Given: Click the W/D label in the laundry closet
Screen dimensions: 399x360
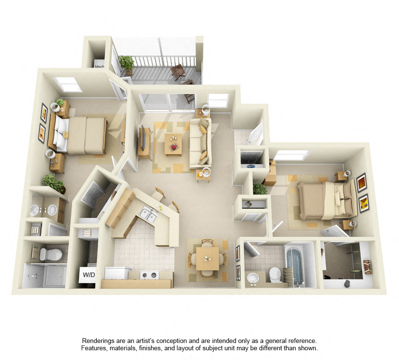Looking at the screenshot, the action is pos(89,275).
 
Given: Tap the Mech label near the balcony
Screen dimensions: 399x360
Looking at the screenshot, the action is pos(99,66).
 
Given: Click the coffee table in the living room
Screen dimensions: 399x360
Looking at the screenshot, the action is pos(173,144).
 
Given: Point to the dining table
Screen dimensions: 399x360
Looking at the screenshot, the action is pos(207,259).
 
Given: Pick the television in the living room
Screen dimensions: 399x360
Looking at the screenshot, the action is pos(143,138).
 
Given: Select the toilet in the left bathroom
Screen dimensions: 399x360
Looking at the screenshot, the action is pos(51,254).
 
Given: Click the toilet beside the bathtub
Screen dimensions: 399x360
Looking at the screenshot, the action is pos(275,274).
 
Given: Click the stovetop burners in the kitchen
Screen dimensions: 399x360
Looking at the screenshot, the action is pos(149,275).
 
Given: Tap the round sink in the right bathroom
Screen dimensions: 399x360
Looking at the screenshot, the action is pos(253,278).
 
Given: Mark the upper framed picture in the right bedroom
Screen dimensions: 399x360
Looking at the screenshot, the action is pos(362,182).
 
